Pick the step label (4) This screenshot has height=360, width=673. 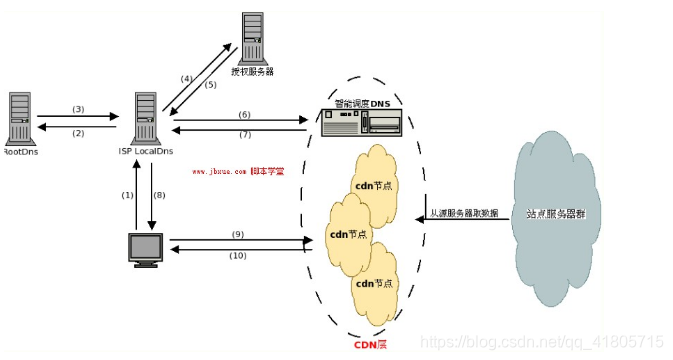click(186, 78)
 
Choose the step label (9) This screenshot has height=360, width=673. click(237, 234)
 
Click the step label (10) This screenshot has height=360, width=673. click(237, 255)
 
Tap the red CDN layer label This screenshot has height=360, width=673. click(370, 345)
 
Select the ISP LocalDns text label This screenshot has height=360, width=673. click(148, 152)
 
